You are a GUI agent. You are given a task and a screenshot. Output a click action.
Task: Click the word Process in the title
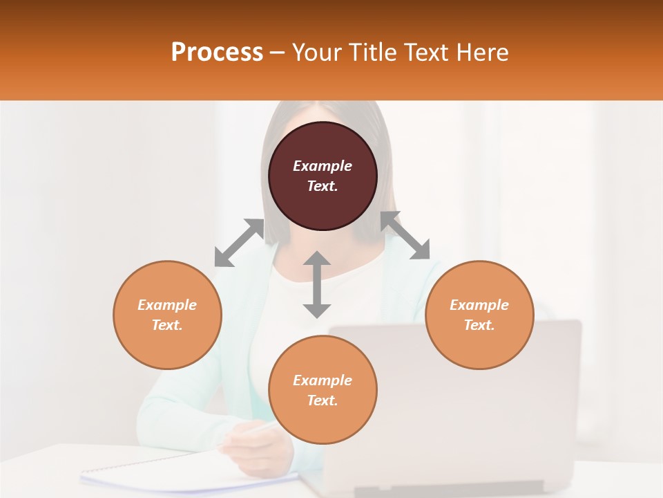click(217, 53)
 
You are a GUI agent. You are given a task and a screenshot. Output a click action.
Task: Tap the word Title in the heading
click(372, 53)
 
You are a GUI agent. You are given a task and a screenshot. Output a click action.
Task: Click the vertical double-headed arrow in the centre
click(317, 285)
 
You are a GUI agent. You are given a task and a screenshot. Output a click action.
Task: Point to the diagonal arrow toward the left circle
click(239, 243)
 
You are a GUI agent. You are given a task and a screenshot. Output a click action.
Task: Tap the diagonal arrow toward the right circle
click(405, 236)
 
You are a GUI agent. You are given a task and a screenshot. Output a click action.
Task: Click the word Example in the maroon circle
click(323, 166)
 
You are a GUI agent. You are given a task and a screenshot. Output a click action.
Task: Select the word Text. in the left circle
click(167, 325)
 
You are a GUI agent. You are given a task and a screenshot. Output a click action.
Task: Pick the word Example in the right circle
click(479, 305)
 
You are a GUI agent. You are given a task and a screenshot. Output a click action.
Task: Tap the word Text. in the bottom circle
click(323, 400)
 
